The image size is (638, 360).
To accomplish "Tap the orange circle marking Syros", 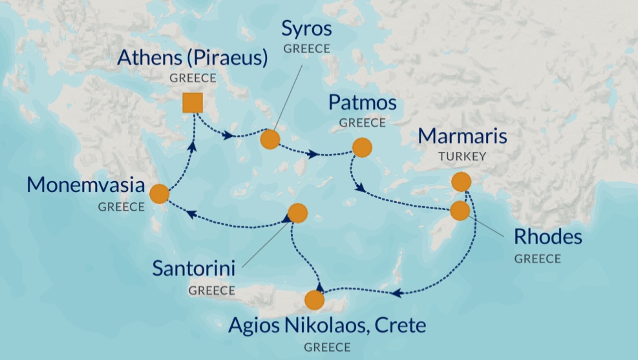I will click(x=269, y=140).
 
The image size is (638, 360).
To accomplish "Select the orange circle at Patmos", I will click(x=362, y=147).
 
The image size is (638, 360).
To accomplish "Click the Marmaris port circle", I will click(x=461, y=182).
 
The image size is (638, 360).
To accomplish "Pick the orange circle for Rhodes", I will click(x=460, y=211).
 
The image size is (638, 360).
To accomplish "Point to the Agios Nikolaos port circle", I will click(x=314, y=300).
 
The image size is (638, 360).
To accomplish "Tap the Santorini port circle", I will click(x=297, y=213).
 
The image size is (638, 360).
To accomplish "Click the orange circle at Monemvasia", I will click(x=159, y=194).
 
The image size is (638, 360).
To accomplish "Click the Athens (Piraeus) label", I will click(x=193, y=58).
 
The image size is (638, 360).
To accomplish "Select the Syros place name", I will click(x=306, y=29).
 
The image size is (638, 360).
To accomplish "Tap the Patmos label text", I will click(x=362, y=103).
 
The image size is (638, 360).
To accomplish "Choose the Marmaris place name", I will click(x=462, y=136).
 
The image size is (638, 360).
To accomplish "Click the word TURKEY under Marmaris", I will click(x=462, y=156).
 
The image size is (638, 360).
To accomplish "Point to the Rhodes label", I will click(x=548, y=237).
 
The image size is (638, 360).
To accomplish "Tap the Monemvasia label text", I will click(x=85, y=185).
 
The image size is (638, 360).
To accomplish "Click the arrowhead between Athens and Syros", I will click(x=228, y=136).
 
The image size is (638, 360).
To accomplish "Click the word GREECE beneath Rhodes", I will click(x=537, y=258).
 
